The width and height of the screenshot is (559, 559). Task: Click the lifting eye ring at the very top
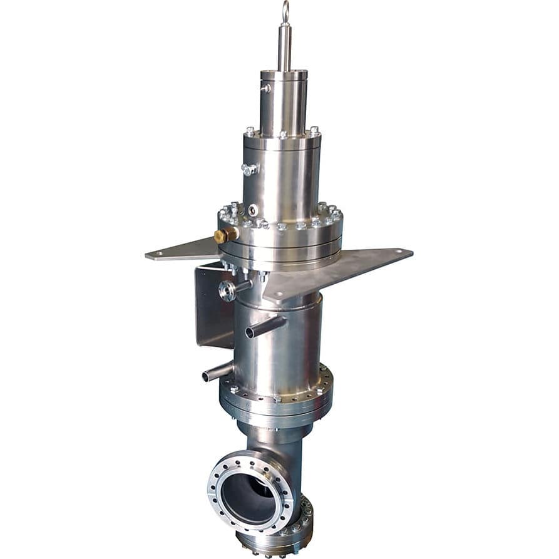pos(285,11)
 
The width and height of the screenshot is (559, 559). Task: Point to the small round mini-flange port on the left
pos(227,290)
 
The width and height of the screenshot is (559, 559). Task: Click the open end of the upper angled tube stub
pos(250,332)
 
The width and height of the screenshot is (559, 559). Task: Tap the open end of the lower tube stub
pos(207,377)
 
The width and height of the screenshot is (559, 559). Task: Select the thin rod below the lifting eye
pos(285,47)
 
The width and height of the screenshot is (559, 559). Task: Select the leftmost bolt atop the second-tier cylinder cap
pos(250,131)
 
